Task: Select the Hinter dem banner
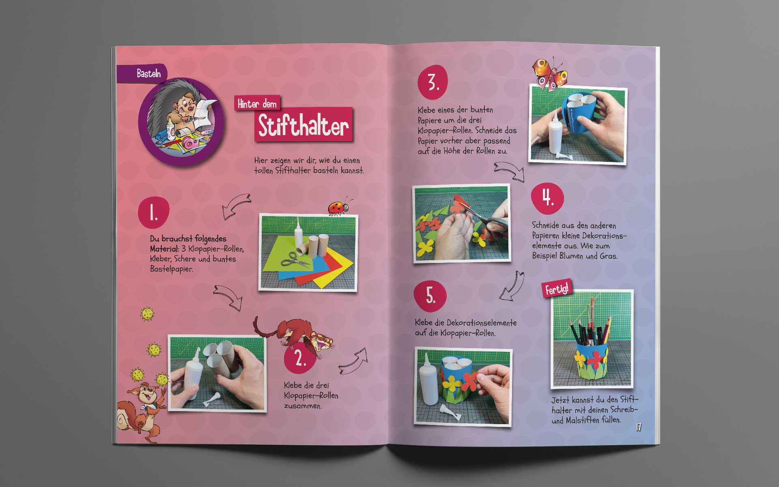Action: [x=257, y=104]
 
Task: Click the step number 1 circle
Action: [x=153, y=213]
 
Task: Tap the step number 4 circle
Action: [x=548, y=198]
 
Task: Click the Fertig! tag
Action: [x=557, y=289]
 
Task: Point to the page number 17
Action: [x=638, y=427]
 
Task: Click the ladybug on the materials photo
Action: [x=339, y=207]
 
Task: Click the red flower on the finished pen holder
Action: [x=595, y=358]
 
